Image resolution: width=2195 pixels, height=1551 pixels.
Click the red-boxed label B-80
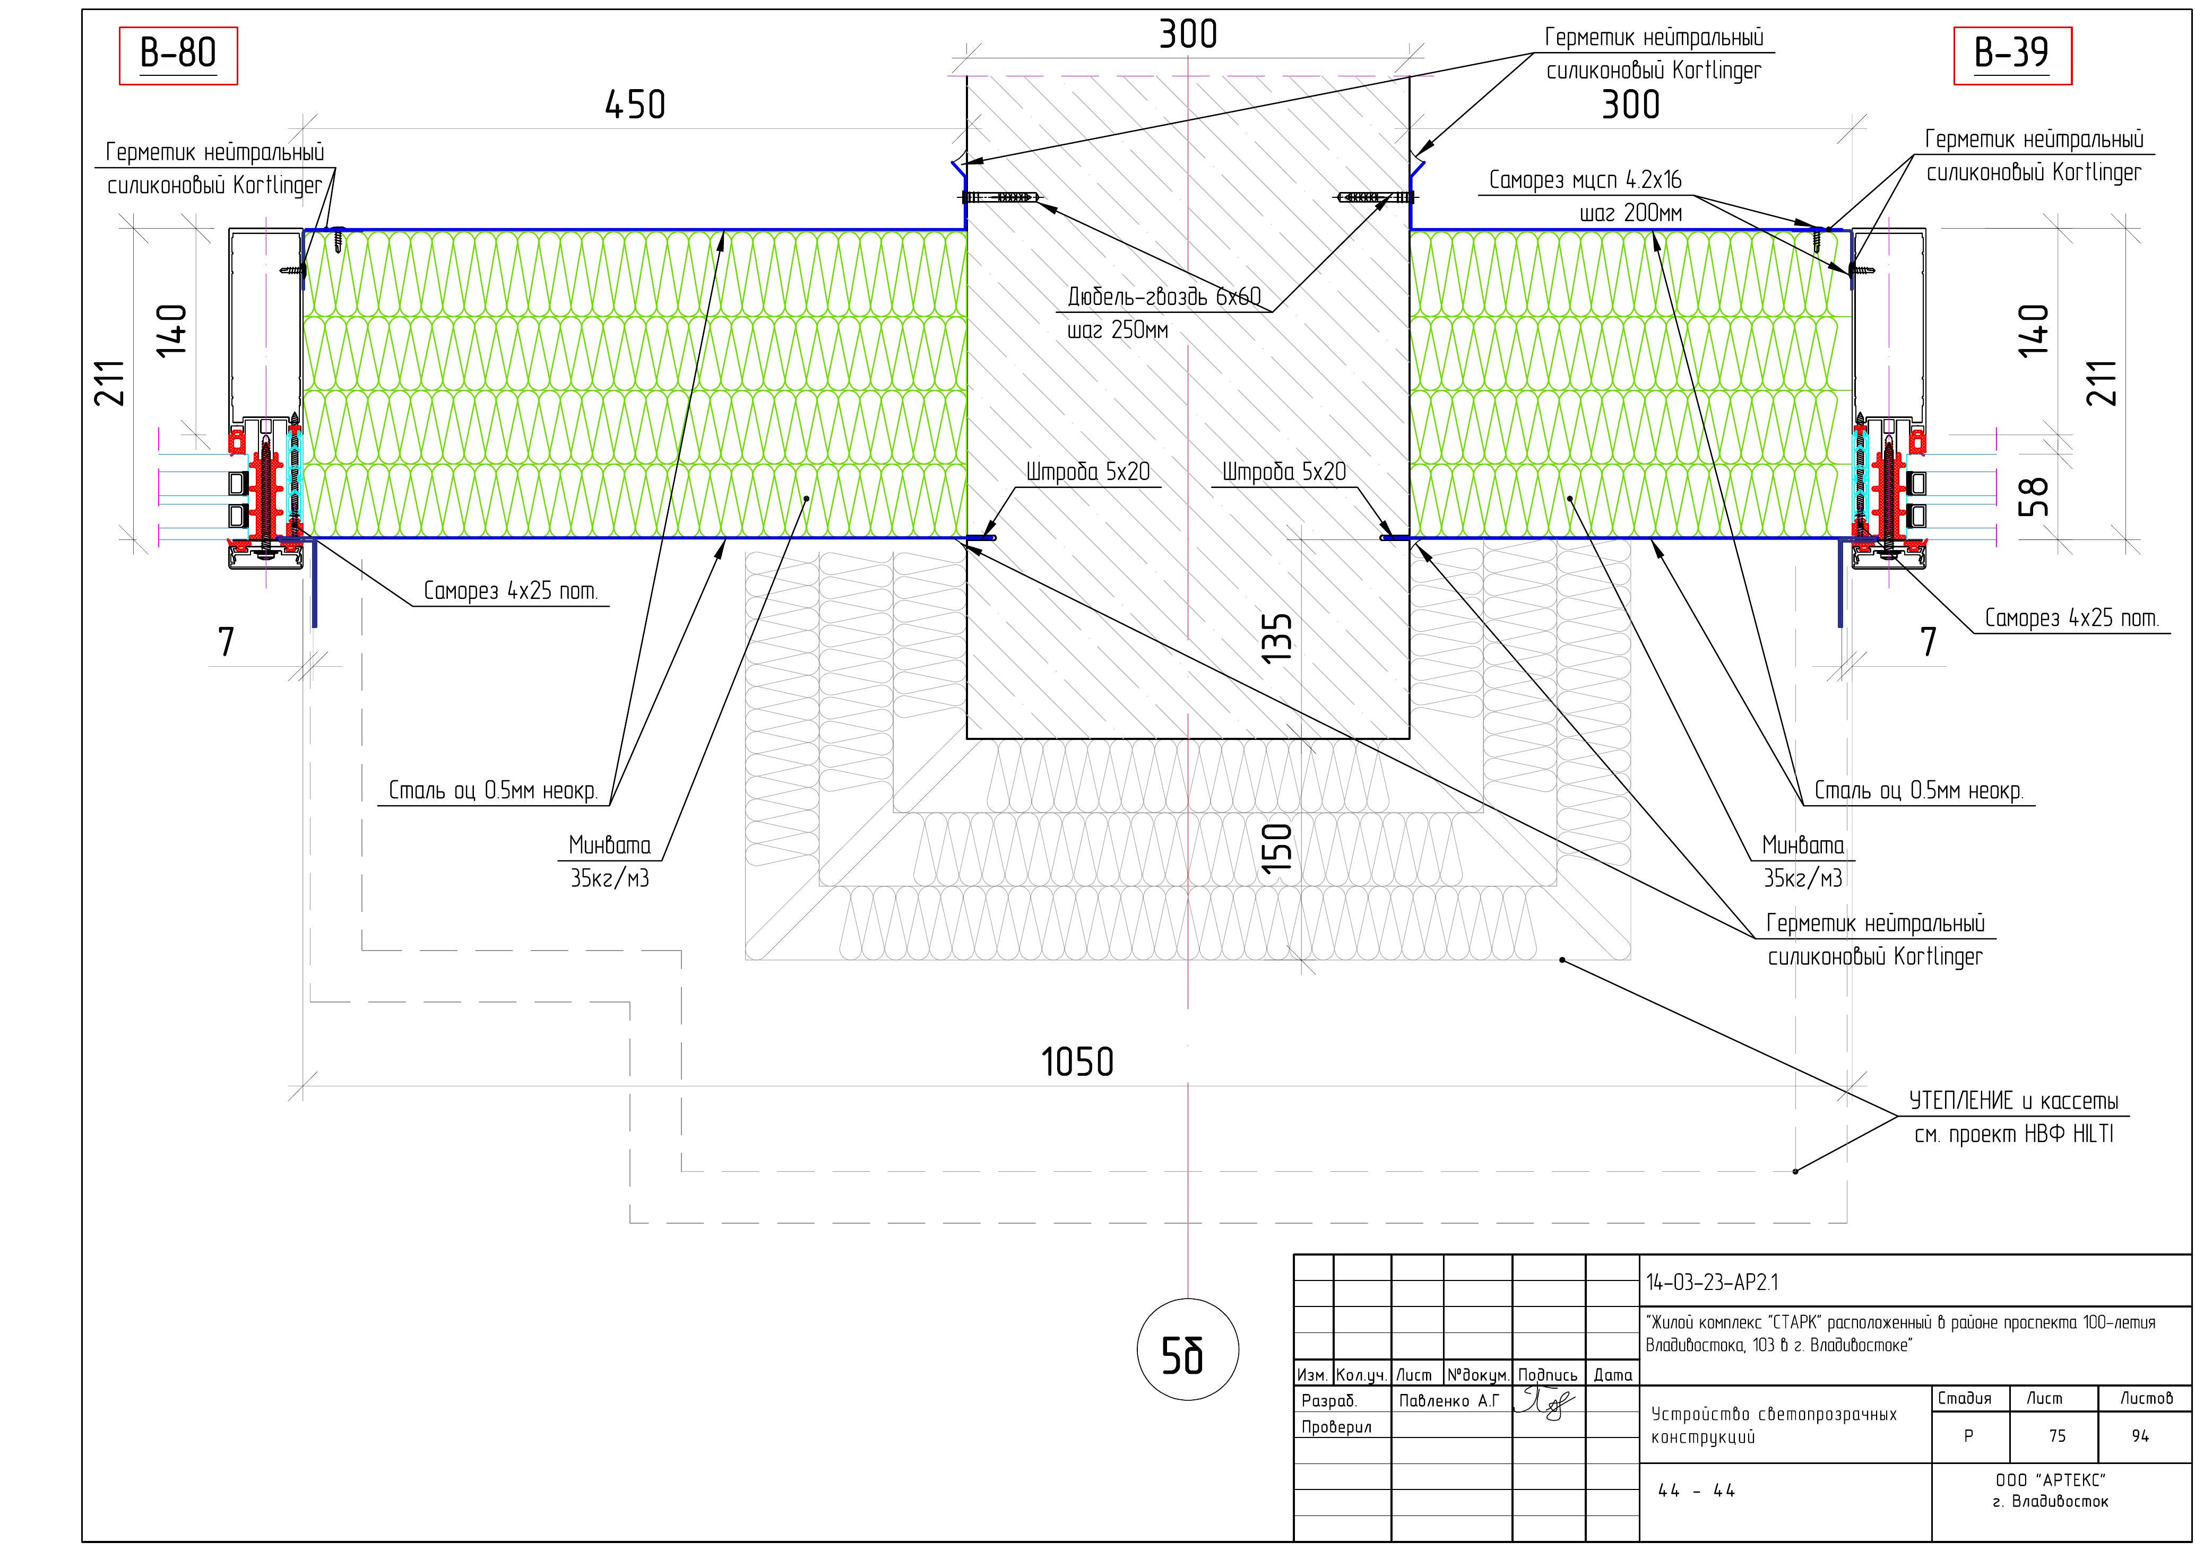coord(178,55)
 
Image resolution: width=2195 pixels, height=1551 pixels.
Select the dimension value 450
coord(635,104)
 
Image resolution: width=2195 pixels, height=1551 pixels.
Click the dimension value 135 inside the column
coord(1277,638)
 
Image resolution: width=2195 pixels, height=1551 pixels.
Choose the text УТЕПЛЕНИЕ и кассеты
coord(2013,1101)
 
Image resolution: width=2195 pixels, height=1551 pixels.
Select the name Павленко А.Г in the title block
coord(1448,1401)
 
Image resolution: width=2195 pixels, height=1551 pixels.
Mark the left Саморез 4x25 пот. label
coord(511,591)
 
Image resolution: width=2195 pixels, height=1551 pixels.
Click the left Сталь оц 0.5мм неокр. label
coord(492,790)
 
